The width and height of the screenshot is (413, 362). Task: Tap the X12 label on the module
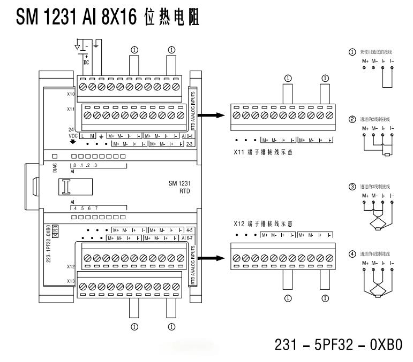(70, 266)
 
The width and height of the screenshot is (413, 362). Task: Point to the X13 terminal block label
(70, 280)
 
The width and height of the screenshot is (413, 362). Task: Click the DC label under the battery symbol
(86, 62)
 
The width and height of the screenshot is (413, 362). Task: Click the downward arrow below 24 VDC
(73, 142)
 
